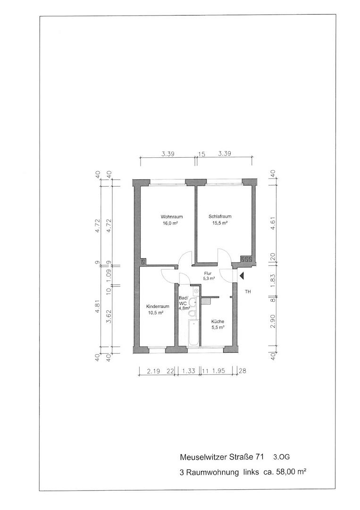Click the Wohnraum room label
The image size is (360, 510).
[x=172, y=217]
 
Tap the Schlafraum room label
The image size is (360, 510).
[x=220, y=217]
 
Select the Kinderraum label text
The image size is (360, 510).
[x=158, y=306]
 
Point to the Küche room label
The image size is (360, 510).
[x=218, y=322]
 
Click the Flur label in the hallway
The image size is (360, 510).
[x=208, y=273]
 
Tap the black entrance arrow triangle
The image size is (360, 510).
[x=242, y=276]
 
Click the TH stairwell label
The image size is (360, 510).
[x=248, y=292]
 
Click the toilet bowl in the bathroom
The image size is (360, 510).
[x=193, y=314]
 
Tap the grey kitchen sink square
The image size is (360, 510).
[x=205, y=301]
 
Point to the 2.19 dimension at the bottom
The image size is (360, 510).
[x=153, y=371]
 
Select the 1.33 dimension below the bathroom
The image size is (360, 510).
[x=189, y=371]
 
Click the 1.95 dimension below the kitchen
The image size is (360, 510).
[x=218, y=371]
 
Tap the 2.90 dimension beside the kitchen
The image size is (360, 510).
[x=273, y=321]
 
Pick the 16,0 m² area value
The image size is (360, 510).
[x=172, y=223]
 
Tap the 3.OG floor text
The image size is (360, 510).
[x=281, y=457]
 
